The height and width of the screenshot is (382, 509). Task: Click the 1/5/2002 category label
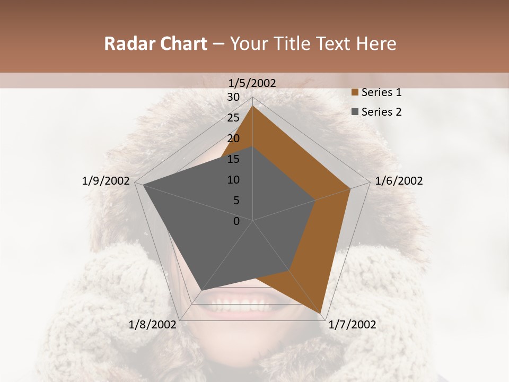252,83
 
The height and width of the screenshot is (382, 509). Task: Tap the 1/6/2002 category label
399,181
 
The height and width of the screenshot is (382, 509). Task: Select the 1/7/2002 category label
352,325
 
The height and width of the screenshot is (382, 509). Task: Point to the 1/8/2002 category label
153,325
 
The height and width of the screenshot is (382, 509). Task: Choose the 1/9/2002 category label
106,181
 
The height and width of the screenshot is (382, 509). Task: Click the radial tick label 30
233,97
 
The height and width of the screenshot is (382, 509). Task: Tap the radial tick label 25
233,118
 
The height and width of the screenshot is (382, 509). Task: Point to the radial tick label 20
233,138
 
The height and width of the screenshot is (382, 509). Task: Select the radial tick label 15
233,159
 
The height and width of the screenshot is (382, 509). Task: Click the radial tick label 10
233,180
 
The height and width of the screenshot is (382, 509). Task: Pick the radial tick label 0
236,221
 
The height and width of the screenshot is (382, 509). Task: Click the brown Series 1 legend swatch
355,92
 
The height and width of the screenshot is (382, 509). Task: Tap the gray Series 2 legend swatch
355,112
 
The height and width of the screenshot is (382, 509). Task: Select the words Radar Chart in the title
155,44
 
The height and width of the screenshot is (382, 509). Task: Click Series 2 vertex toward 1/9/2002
143,185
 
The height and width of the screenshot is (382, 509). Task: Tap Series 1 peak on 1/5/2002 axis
253,106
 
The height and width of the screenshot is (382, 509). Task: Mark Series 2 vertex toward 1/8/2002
201,290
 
